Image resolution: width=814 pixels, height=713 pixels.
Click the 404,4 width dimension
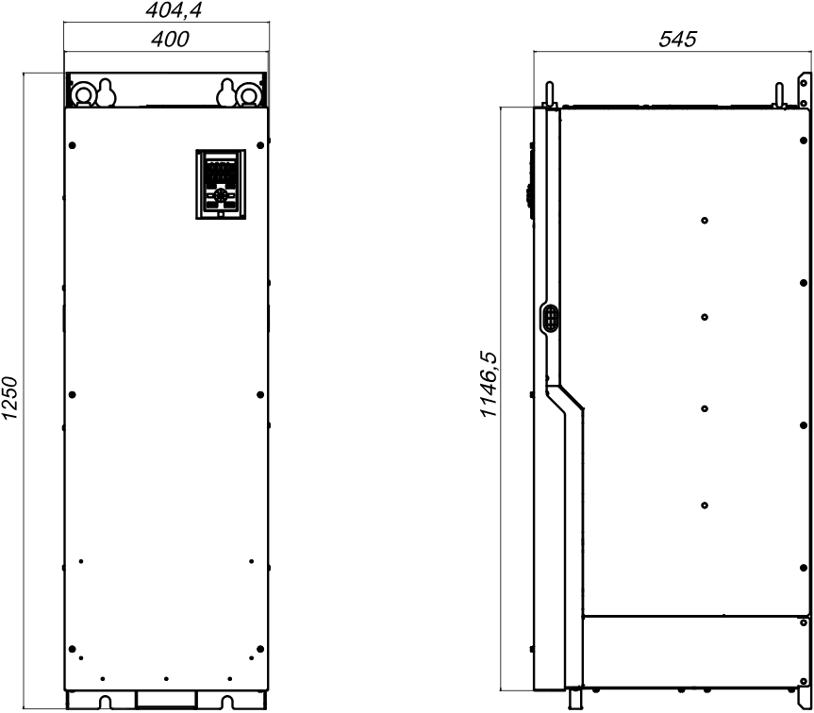(x=174, y=11)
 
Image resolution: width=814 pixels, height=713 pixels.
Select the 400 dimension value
(x=171, y=40)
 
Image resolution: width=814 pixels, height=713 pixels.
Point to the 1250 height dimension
(x=10, y=398)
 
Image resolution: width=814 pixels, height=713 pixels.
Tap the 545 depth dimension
(x=677, y=40)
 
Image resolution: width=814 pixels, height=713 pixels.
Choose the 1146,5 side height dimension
(x=489, y=385)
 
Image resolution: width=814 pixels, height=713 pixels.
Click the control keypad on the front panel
(x=221, y=184)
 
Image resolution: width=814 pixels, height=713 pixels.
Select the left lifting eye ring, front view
(x=82, y=95)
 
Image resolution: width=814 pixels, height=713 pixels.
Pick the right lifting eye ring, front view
(x=248, y=95)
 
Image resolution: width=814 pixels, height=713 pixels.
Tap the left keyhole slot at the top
(x=106, y=92)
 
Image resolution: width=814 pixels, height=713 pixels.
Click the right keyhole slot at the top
(x=226, y=92)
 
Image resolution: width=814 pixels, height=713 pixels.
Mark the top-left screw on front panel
(x=73, y=145)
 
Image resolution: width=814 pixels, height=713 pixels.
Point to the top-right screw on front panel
(x=260, y=145)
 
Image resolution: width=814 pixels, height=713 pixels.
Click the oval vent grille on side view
(x=550, y=318)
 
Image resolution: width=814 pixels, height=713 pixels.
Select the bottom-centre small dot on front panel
(x=166, y=679)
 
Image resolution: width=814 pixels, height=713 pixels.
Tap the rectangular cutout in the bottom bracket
(x=166, y=699)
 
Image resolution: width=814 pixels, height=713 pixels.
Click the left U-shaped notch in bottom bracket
(x=105, y=702)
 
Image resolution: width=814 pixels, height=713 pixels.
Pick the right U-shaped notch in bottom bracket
(x=227, y=702)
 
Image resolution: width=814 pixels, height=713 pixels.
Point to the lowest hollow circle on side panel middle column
(x=705, y=506)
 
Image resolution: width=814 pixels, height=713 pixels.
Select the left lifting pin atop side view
(x=549, y=94)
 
